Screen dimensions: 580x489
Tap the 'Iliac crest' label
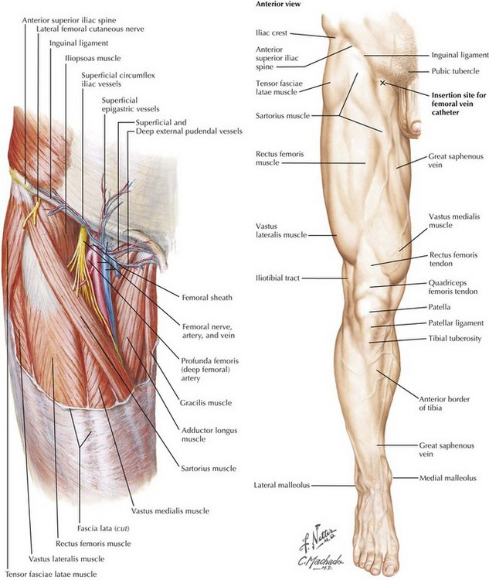click(272, 33)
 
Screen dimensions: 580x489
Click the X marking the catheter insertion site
click(384, 82)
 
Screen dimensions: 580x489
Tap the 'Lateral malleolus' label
click(281, 486)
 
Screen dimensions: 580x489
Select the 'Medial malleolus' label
click(448, 478)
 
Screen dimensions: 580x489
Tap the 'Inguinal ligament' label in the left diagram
click(78, 43)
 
